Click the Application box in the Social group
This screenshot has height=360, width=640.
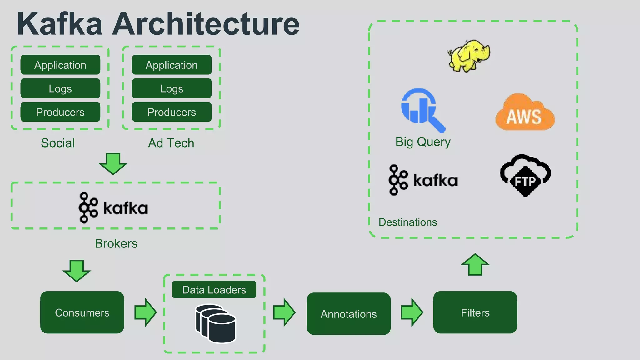[60, 65]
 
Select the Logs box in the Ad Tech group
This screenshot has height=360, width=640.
[172, 88]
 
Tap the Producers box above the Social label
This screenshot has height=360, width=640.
[60, 112]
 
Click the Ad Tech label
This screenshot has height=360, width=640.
[171, 143]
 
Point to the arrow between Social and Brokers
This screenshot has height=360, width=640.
[113, 163]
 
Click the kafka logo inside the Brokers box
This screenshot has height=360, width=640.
[113, 208]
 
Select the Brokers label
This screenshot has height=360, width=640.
[116, 243]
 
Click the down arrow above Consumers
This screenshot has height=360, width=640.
[77, 271]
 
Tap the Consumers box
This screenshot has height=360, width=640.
[82, 312]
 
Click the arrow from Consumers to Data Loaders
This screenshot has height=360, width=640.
[145, 312]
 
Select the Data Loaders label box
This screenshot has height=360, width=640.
[214, 290]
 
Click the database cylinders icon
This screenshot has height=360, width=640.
[216, 324]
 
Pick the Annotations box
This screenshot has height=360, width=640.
[348, 314]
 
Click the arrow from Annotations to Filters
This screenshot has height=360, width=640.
[412, 312]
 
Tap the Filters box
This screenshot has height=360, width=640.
[475, 312]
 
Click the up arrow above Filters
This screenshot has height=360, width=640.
[475, 265]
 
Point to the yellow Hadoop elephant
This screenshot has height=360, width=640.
[468, 56]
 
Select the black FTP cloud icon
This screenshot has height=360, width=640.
[525, 176]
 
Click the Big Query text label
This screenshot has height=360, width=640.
[423, 142]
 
